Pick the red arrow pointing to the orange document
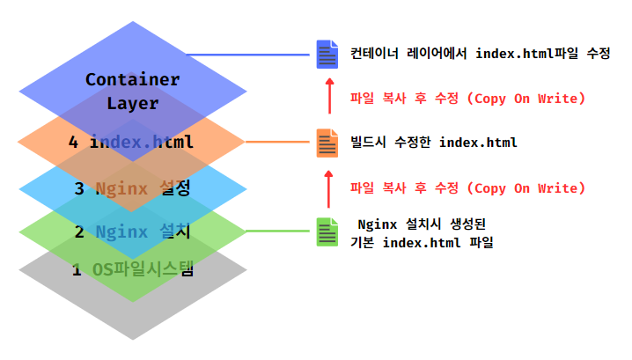point(328,187)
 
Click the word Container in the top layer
point(132,79)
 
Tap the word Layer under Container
point(132,103)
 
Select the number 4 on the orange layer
point(74,143)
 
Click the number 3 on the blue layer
point(78,187)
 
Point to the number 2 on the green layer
point(78,232)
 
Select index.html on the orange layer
point(142,143)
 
